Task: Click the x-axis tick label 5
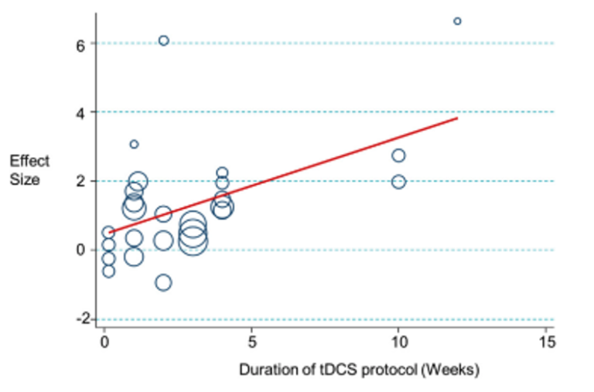pyautogui.click(x=251, y=342)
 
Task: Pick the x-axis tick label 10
pyautogui.click(x=398, y=342)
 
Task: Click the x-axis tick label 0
pyautogui.click(x=104, y=342)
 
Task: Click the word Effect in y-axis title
pyautogui.click(x=29, y=161)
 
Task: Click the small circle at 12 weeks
pyautogui.click(x=457, y=21)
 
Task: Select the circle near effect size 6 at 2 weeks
pyautogui.click(x=163, y=40)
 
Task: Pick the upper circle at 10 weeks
pyautogui.click(x=398, y=155)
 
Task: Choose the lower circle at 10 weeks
pyautogui.click(x=398, y=182)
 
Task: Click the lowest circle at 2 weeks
pyautogui.click(x=163, y=282)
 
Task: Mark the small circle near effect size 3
pyautogui.click(x=134, y=144)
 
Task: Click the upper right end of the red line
pyautogui.click(x=457, y=118)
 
